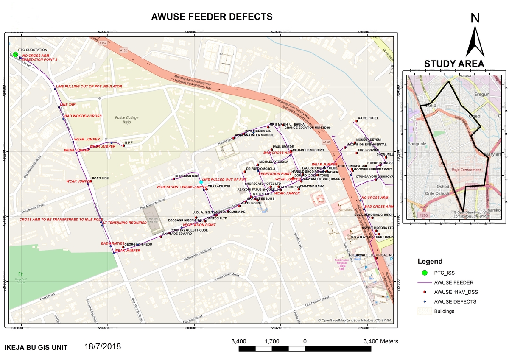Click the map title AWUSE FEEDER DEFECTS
point(212,17)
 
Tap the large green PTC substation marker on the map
point(15,54)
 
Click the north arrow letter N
point(475,18)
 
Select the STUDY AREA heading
point(454,64)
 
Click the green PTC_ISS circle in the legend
point(424,272)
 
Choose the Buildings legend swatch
point(424,311)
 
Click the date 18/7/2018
point(103,346)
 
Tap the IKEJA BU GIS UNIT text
point(36,347)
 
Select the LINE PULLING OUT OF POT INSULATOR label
point(89,86)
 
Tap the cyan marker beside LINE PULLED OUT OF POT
point(201,182)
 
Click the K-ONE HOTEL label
point(368,118)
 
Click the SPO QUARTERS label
point(187,176)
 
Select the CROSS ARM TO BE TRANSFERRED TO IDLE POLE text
point(61,220)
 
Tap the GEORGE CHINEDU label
point(138,244)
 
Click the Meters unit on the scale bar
point(384,341)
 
